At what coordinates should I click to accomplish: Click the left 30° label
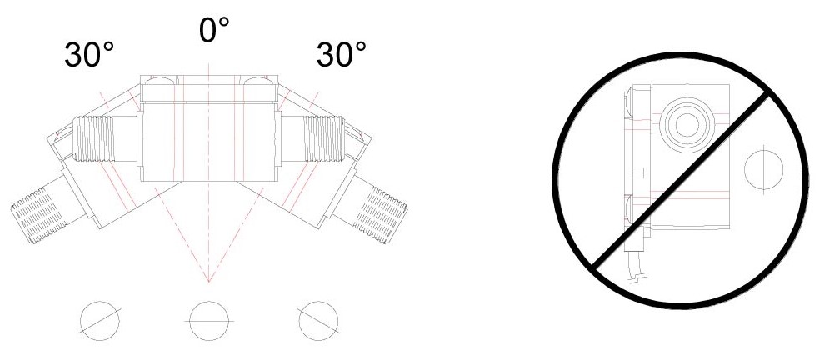(89, 54)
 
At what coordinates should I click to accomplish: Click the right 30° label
(341, 54)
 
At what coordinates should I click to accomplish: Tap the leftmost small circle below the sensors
(100, 321)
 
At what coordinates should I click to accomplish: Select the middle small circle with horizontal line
(209, 321)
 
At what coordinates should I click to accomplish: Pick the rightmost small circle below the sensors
(318, 321)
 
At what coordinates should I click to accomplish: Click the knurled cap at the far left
(38, 216)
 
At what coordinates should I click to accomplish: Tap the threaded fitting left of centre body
(94, 138)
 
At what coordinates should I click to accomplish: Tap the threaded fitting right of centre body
(324, 137)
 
